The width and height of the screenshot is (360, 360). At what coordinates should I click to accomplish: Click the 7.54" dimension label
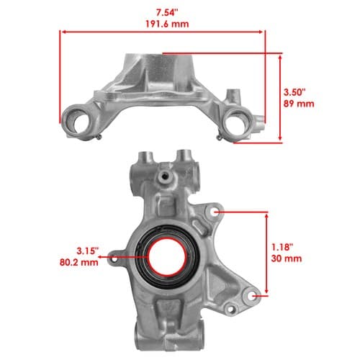pos(167,13)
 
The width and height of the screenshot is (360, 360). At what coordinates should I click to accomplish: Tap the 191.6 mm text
pos(167,24)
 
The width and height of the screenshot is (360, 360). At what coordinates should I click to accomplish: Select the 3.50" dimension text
pos(294,92)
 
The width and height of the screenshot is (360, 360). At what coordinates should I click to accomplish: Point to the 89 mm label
pos(299,104)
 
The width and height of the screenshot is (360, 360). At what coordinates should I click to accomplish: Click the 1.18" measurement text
pos(282,247)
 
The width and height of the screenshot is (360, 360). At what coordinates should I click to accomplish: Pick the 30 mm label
pos(287,258)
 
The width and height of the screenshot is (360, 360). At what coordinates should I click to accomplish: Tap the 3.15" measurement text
pos(88,251)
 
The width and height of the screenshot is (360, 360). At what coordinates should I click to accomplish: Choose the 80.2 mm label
pos(79,262)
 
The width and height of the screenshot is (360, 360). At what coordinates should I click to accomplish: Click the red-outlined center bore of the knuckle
pos(167,256)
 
